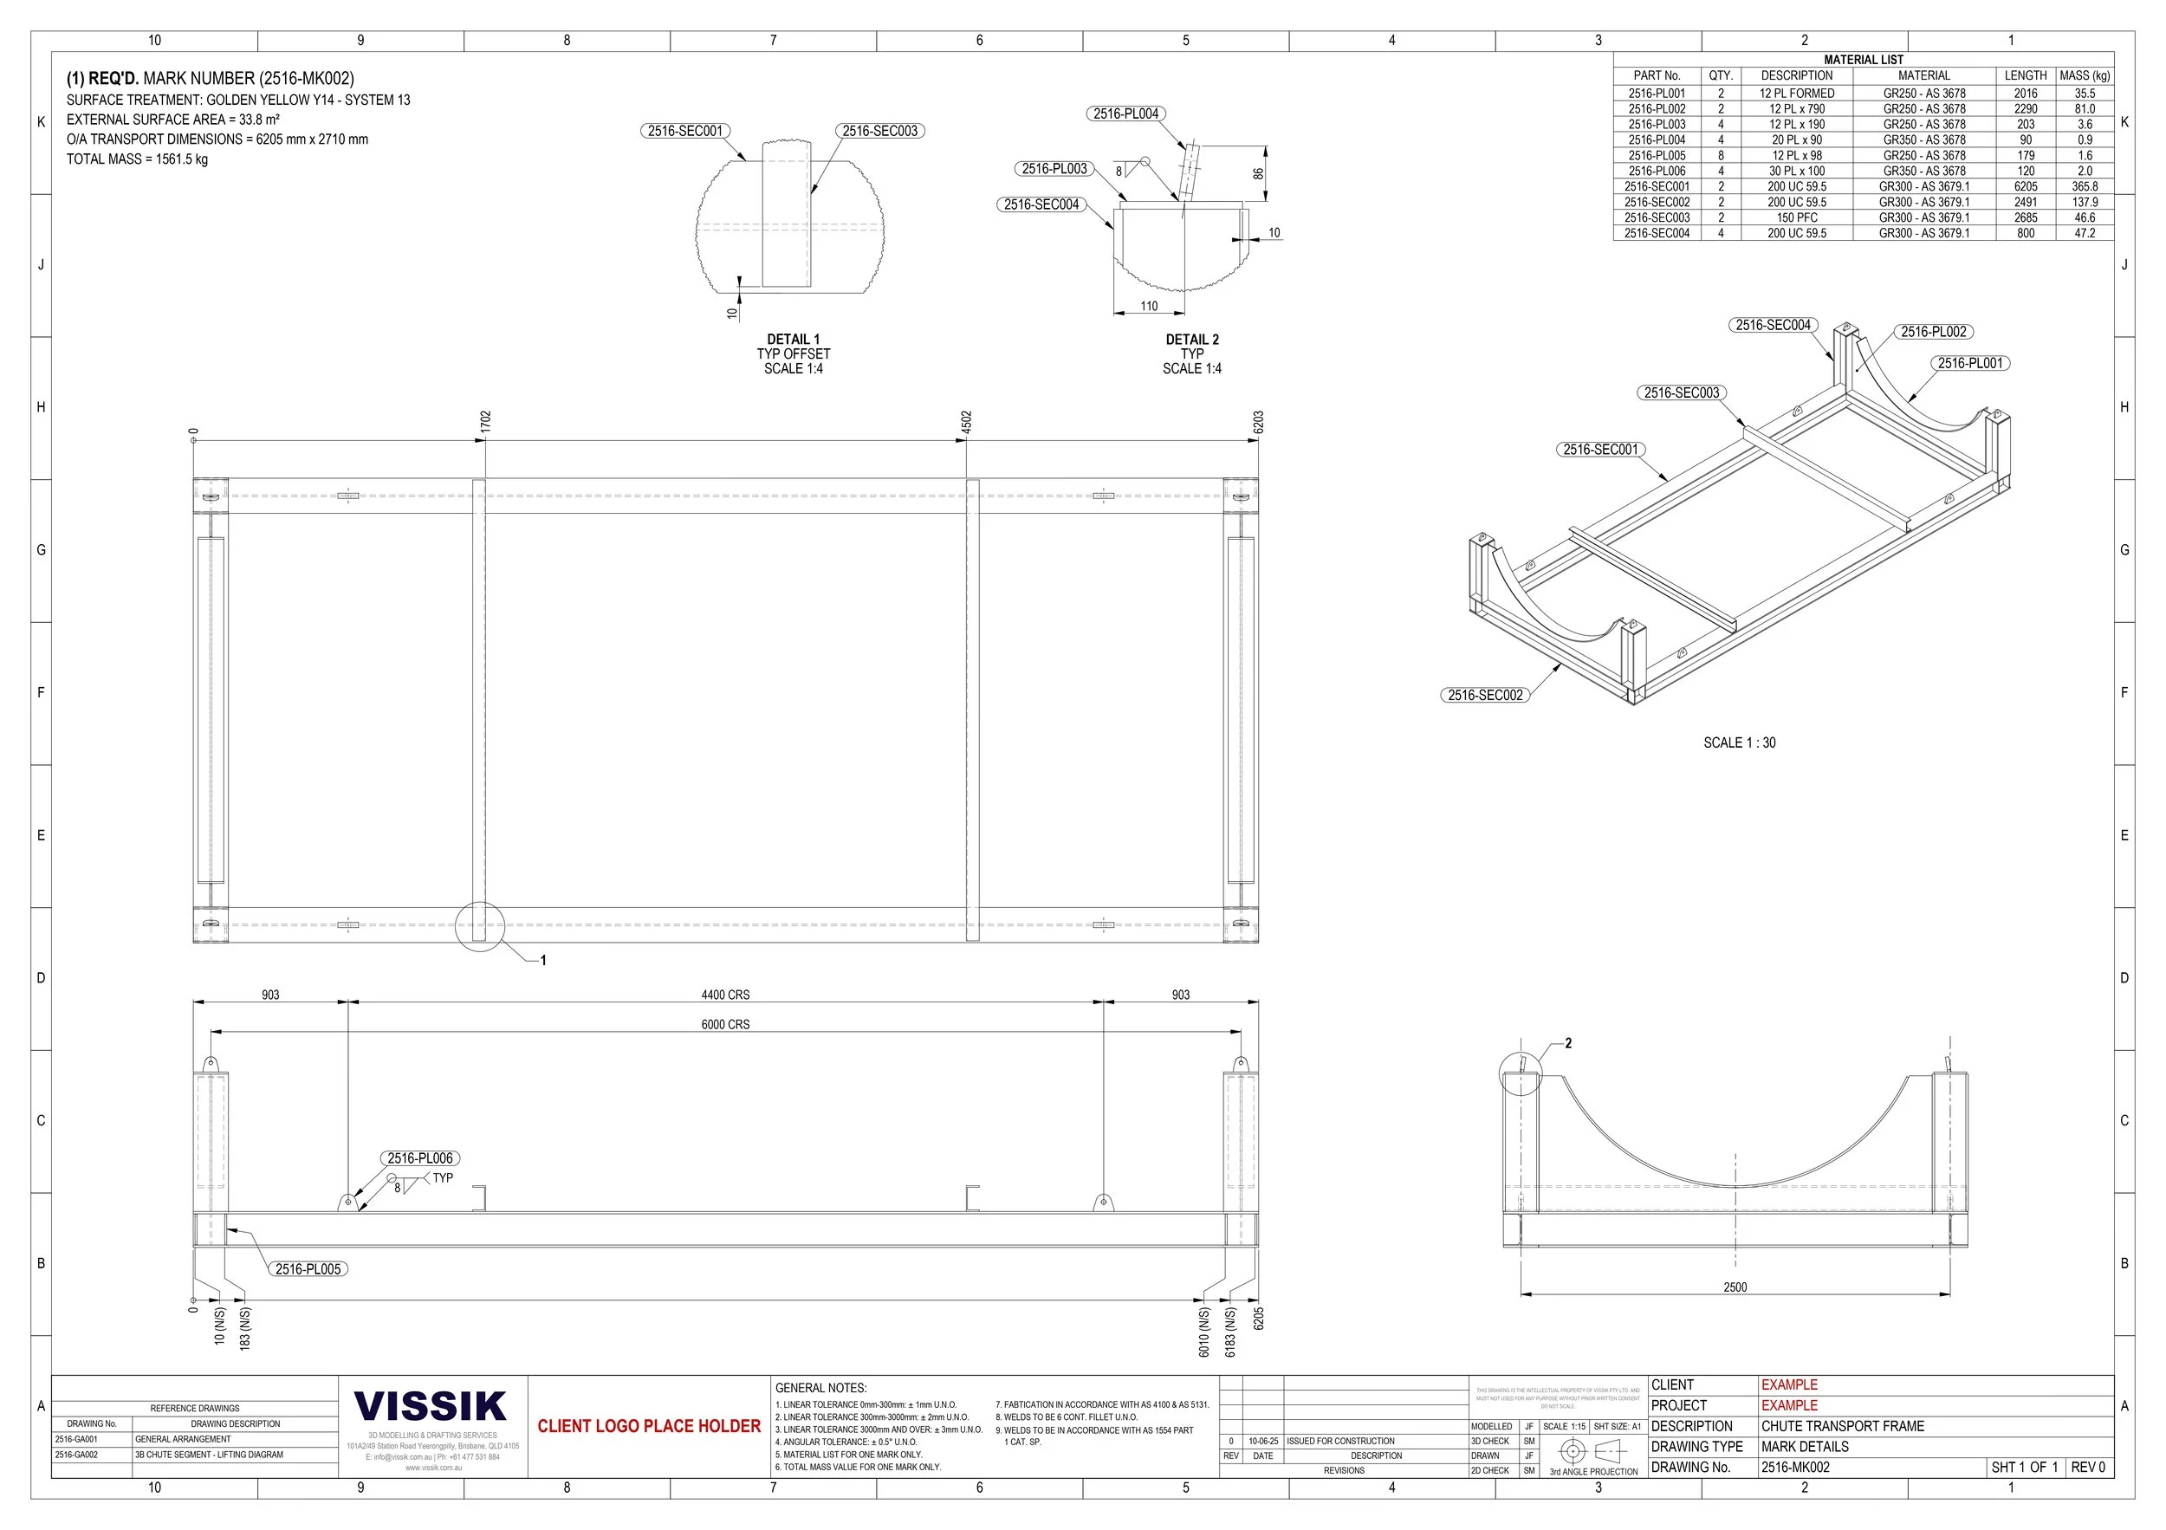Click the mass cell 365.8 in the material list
pyautogui.click(x=2085, y=187)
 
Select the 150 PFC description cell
pyautogui.click(x=1796, y=218)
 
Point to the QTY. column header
pyautogui.click(x=1721, y=75)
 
